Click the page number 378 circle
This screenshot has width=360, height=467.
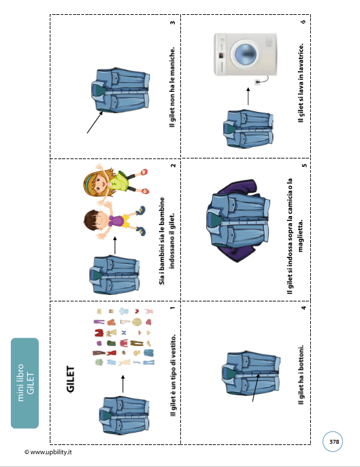point(333,441)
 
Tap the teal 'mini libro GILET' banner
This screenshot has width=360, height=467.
point(25,383)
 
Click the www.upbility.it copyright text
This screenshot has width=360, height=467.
point(48,452)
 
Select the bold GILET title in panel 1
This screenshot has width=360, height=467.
point(70,379)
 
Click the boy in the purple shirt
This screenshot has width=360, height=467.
point(114,221)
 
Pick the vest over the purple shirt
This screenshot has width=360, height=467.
point(237,221)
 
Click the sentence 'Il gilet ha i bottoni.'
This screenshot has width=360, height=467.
point(301,375)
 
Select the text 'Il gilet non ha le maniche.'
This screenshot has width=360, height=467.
point(173,87)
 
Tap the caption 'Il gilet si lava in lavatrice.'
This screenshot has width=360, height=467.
point(301,83)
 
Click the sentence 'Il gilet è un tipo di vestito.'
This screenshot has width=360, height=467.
point(173,375)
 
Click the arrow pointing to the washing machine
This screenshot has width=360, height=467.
point(248,96)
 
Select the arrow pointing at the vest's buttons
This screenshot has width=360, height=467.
point(255,387)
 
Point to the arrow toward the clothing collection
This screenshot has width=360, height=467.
point(123,384)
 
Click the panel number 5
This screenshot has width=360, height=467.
point(304,166)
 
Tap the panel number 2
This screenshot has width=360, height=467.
point(173,166)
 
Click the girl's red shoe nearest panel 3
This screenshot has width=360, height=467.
point(144,172)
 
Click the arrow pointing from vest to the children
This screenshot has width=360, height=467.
point(115,245)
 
